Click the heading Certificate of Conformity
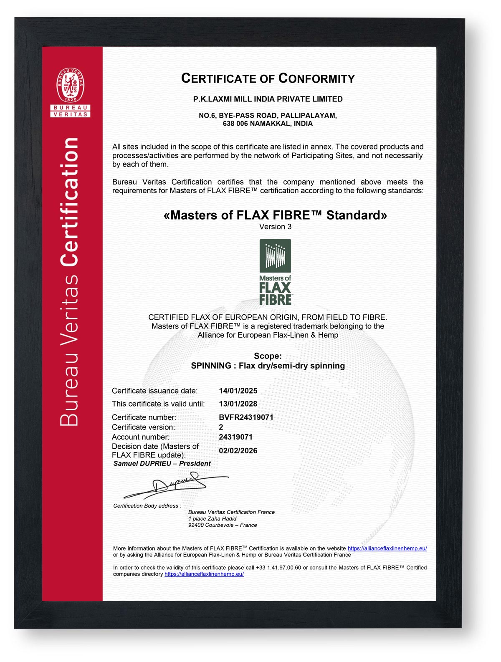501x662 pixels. [x=268, y=78]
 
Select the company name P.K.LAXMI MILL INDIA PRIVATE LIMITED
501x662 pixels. [x=268, y=99]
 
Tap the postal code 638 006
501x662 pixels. [x=235, y=124]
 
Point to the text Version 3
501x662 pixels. [x=275, y=227]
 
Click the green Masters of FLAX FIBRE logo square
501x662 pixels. [x=275, y=255]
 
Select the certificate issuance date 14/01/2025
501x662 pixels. [x=238, y=391]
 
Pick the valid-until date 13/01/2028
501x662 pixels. [x=238, y=404]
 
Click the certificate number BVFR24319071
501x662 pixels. [x=246, y=417]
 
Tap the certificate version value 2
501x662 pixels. [x=221, y=427]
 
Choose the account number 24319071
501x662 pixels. [x=235, y=437]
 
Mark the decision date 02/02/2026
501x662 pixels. [x=238, y=450]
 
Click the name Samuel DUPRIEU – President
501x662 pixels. [x=162, y=463]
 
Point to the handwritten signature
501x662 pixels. [x=175, y=485]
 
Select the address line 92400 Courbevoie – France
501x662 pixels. [x=223, y=525]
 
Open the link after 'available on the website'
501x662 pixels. [x=387, y=548]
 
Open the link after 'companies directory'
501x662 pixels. [x=204, y=574]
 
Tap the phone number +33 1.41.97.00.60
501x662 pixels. [x=278, y=568]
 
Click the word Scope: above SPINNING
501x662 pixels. [x=268, y=356]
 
